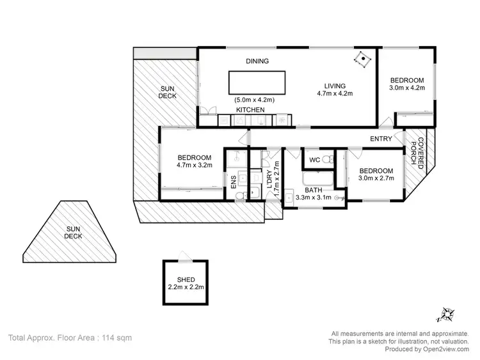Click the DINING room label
[x=257, y=61]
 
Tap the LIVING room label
[x=335, y=86]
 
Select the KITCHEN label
[x=250, y=111]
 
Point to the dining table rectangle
[x=257, y=82]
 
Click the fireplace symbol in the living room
[x=363, y=59]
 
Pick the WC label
[x=314, y=159]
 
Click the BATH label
[x=314, y=190]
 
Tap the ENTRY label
[x=381, y=139]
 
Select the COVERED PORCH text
[x=417, y=152]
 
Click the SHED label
[x=186, y=279]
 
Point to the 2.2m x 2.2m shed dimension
[x=186, y=287]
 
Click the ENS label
[x=233, y=181]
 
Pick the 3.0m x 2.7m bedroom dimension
[x=376, y=179]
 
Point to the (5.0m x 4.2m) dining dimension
[x=254, y=99]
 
